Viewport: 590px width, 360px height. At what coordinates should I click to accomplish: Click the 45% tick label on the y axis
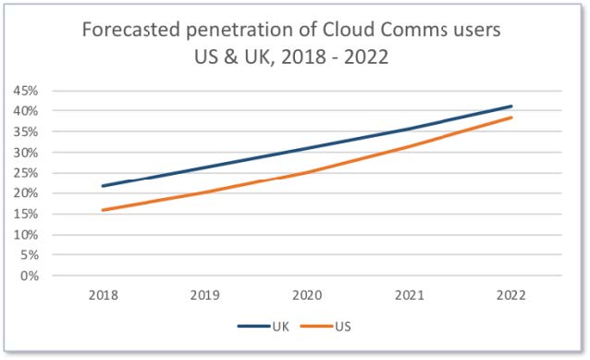click(x=26, y=91)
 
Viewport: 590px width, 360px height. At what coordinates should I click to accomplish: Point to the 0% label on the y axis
click(x=30, y=276)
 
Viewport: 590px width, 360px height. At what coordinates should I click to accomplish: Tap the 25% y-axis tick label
click(x=26, y=173)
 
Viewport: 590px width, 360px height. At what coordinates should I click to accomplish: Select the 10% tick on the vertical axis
click(x=26, y=235)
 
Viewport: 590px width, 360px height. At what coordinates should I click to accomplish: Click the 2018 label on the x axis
click(x=103, y=295)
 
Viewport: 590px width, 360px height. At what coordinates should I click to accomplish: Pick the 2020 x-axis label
click(x=307, y=295)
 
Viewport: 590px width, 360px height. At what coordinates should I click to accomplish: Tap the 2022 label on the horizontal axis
click(x=511, y=295)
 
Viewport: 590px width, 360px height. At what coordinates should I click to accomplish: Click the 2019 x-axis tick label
click(x=205, y=295)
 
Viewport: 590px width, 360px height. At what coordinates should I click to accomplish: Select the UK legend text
click(x=281, y=327)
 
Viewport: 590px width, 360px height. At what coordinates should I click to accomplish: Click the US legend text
click(x=343, y=327)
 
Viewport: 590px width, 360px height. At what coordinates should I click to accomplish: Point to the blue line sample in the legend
click(x=254, y=327)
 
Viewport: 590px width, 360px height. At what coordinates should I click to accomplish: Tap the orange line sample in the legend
click(x=317, y=327)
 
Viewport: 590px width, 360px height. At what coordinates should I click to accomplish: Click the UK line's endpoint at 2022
click(x=511, y=106)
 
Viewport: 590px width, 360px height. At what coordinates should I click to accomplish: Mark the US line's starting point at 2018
click(x=103, y=210)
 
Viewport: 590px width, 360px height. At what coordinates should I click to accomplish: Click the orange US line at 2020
click(x=307, y=173)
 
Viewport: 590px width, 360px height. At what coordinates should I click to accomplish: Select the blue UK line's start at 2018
click(x=103, y=186)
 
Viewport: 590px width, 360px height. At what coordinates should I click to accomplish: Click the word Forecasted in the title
click(x=131, y=30)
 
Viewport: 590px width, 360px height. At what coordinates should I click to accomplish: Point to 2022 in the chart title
click(x=366, y=57)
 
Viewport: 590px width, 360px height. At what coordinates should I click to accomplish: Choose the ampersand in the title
click(x=231, y=57)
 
